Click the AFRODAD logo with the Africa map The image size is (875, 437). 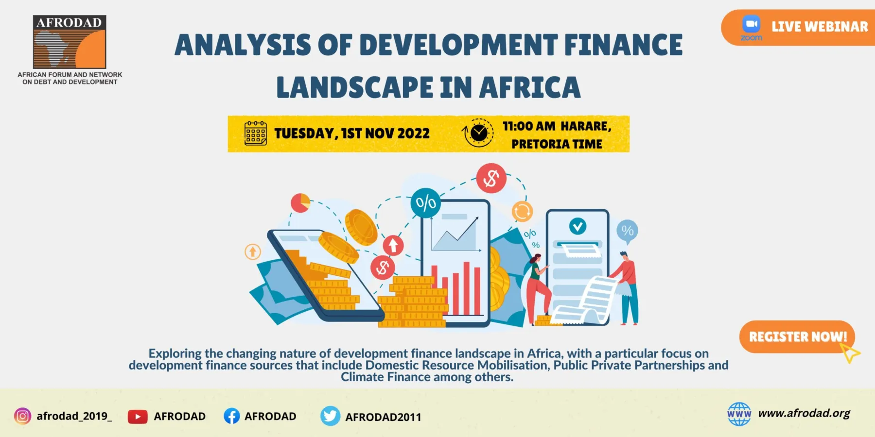(70, 42)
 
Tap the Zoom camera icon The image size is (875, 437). (751, 24)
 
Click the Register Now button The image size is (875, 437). (797, 336)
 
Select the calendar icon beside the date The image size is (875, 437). (255, 133)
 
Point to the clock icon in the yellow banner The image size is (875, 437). (478, 133)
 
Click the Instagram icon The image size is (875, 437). (22, 416)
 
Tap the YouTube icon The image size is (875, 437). (138, 417)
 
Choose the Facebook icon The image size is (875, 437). (232, 416)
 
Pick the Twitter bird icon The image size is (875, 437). (331, 416)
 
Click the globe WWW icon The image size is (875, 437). (739, 414)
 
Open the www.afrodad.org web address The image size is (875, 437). (804, 413)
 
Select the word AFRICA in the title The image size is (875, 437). (530, 87)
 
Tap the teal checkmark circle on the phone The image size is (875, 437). (577, 226)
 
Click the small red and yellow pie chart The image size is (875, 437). (300, 202)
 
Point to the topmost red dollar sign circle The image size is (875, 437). (491, 178)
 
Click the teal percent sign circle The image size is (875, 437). (425, 203)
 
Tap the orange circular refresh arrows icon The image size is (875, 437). (522, 211)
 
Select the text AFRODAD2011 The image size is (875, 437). (383, 417)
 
